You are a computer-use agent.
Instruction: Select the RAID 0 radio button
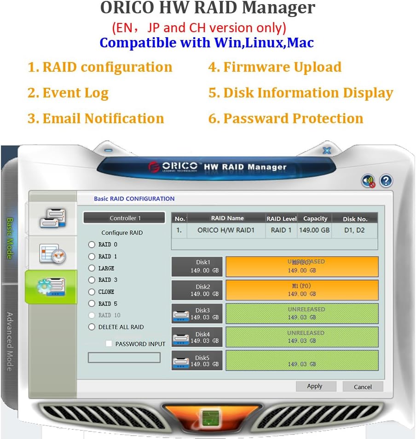tap(92, 245)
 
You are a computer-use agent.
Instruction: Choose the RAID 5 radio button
tap(92, 304)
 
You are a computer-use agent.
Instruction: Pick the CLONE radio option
tap(92, 292)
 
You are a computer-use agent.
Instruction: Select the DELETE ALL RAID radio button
tap(92, 327)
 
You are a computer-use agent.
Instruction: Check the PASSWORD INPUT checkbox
tap(109, 344)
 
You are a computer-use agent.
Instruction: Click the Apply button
tap(315, 387)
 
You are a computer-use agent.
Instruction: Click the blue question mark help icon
tap(386, 181)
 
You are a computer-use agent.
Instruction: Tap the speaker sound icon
tap(368, 181)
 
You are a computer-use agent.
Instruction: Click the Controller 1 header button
tap(124, 218)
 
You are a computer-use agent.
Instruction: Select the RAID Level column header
tap(282, 218)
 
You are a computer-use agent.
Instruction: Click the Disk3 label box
tap(197, 314)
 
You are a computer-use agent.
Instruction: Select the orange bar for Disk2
tap(302, 290)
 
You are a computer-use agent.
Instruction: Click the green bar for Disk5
tap(302, 360)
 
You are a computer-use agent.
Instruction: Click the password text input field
tap(124, 358)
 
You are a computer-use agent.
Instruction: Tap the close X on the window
tap(327, 150)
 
